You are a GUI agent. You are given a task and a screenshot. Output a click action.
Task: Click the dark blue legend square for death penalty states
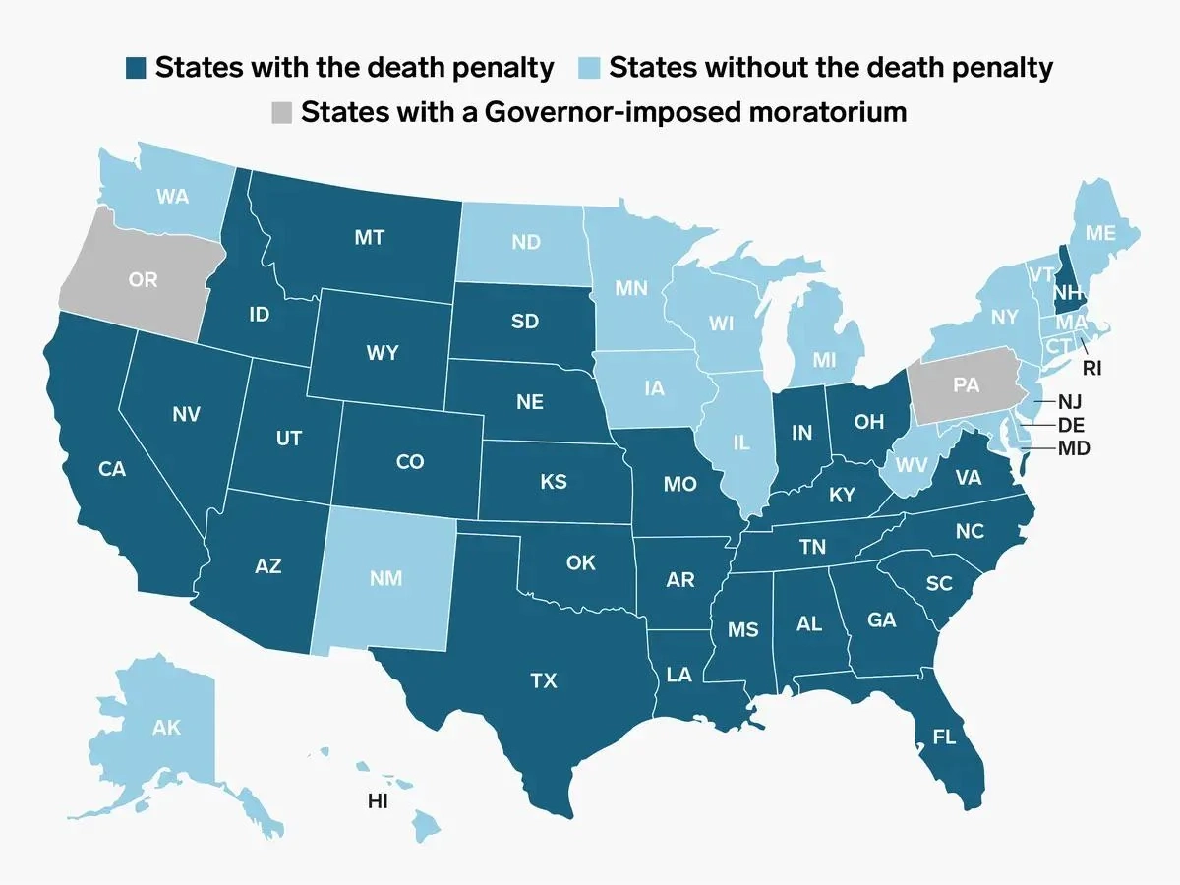[137, 68]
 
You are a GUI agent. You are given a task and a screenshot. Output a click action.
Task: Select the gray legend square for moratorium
[282, 111]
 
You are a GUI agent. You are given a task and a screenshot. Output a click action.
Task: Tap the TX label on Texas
[543, 680]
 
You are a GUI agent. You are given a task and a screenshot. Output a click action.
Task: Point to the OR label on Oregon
[143, 280]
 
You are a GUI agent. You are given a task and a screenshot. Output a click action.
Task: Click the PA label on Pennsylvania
[967, 385]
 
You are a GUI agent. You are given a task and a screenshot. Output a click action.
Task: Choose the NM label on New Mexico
[386, 578]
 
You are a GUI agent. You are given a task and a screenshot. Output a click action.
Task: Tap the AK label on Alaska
[166, 729]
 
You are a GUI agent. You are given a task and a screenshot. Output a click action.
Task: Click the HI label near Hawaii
[378, 801]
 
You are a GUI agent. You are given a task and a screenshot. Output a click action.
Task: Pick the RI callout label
[1091, 369]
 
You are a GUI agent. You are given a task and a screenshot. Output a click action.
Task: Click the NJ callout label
[1070, 401]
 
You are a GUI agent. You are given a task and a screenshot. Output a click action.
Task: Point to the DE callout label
[1072, 425]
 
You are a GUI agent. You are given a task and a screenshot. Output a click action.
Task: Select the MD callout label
[1073, 448]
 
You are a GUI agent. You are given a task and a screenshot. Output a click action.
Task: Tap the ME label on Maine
[1099, 234]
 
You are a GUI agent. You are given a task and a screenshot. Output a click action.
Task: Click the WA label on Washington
[172, 196]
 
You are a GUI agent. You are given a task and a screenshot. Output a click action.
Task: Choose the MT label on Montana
[369, 237]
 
